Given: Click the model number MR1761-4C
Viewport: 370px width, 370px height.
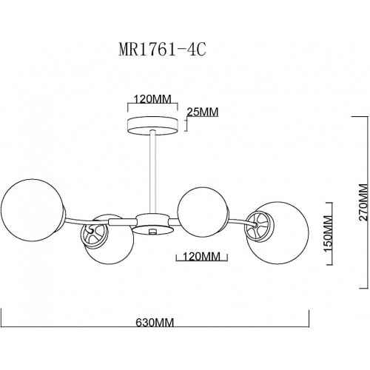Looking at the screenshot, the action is [162, 50].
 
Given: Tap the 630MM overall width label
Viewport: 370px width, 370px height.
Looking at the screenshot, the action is [155, 323].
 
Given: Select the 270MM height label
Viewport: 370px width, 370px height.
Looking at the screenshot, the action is [363, 202].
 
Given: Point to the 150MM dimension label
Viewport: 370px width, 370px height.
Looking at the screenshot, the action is [328, 233].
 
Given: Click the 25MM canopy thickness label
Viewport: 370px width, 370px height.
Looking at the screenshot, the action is [203, 112].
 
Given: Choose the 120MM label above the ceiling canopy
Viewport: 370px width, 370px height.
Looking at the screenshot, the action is [152, 99].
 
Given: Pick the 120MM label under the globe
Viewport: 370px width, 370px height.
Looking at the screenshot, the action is [201, 257].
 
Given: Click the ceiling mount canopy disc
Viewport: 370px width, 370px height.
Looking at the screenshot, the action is [152, 127].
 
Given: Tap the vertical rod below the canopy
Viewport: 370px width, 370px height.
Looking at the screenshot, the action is [152, 172].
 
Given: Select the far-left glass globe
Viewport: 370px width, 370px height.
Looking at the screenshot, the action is [32, 209].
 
